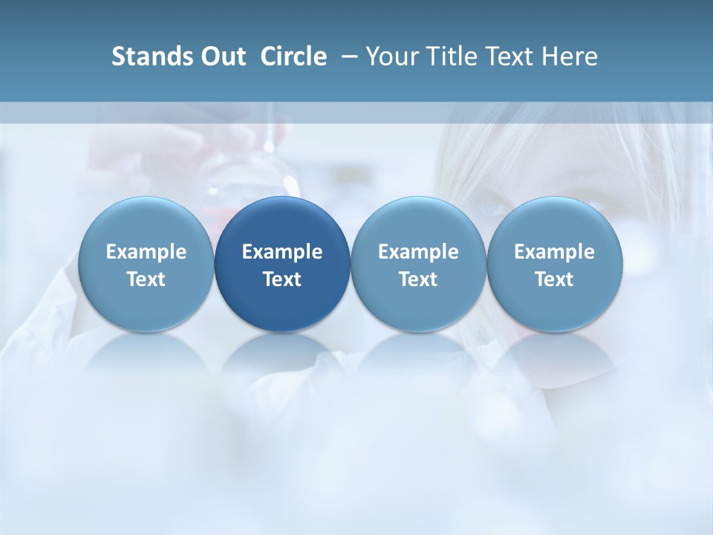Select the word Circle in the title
click(x=293, y=56)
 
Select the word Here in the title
click(x=568, y=56)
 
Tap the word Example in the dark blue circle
click(x=282, y=252)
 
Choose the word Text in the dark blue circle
click(x=282, y=279)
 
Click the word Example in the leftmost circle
click(x=146, y=252)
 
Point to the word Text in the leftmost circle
click(x=146, y=279)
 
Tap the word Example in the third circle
click(x=418, y=252)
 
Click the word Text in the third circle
click(x=418, y=279)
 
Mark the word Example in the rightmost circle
click(x=555, y=252)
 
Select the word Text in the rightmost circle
click(x=555, y=279)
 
